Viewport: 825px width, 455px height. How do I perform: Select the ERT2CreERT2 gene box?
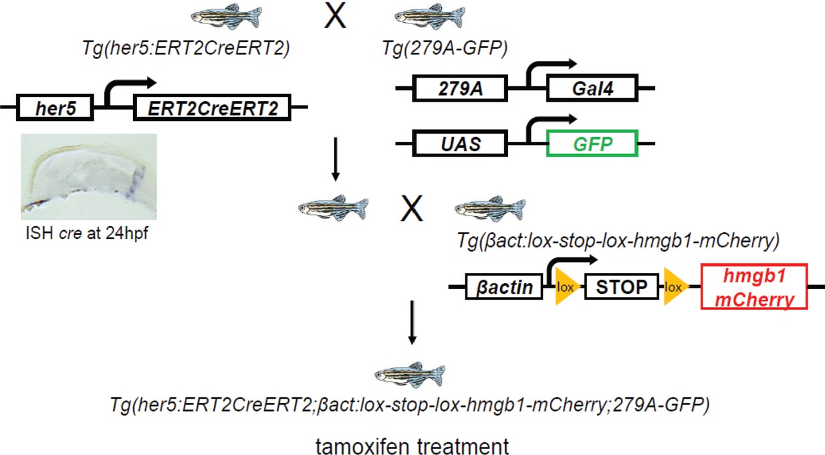pos(213,108)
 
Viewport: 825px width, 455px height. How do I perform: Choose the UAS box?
pos(461,143)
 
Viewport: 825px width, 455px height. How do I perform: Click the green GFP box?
pos(592,143)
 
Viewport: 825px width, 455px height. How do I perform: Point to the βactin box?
pos(504,288)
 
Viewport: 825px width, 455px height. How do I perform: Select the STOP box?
pos(622,288)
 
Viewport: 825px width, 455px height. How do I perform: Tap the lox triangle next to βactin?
pos(564,288)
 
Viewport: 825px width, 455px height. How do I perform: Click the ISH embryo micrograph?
pos(89,177)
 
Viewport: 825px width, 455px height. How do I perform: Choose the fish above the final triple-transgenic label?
pos(409,375)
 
